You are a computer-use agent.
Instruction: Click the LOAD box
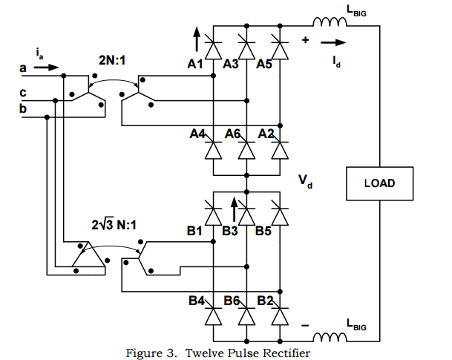[379, 183]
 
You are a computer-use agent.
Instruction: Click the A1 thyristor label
[195, 65]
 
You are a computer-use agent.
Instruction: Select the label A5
[264, 65]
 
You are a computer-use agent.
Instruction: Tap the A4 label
[197, 134]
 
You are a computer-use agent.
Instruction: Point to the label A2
[266, 134]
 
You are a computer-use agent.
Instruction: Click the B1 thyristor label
[195, 231]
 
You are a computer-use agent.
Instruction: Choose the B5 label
[264, 231]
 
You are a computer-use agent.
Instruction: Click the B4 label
[197, 301]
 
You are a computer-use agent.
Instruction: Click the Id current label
[337, 62]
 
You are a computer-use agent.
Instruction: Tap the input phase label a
[23, 69]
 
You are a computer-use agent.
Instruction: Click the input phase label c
[23, 93]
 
